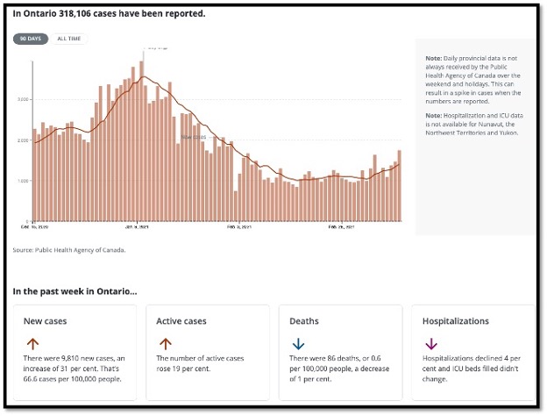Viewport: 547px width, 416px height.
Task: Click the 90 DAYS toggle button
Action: pos(31,39)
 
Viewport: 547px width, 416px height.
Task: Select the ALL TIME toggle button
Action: pos(69,39)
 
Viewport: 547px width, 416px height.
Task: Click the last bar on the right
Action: pos(399,185)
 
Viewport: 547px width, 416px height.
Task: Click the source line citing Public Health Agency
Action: pos(69,249)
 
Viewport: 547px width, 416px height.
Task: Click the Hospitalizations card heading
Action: pos(456,321)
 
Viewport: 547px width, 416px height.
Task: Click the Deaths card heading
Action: pos(307,321)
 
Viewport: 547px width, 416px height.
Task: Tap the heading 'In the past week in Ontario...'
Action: pos(75,290)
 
